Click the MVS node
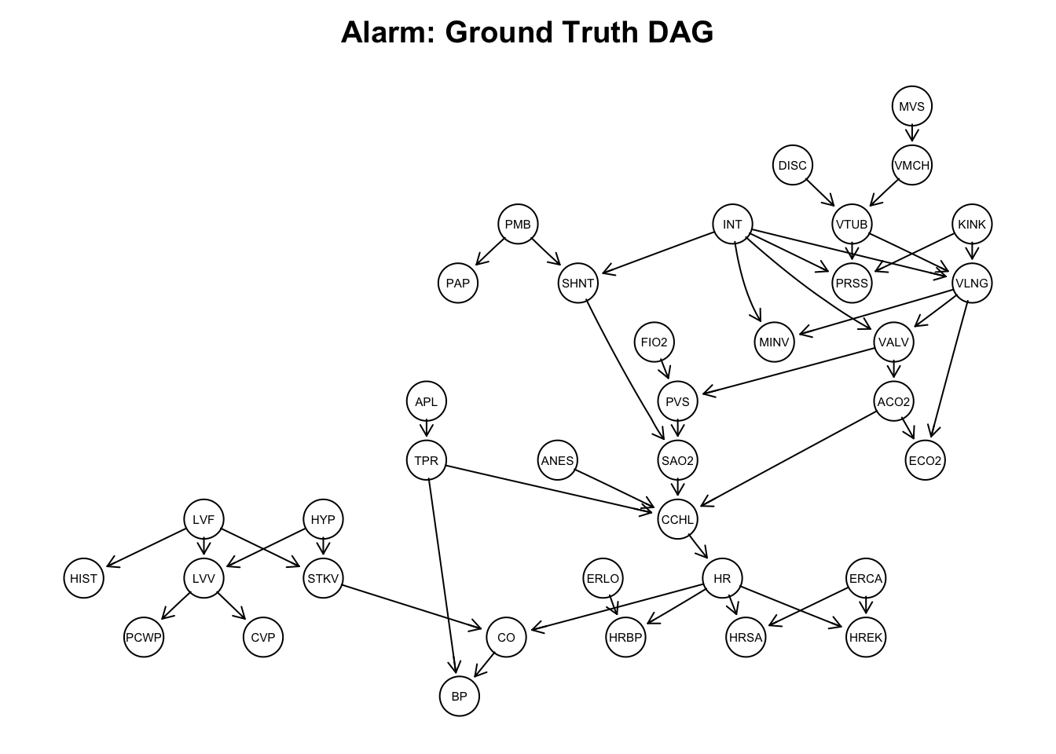point(911,107)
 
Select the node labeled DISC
point(792,166)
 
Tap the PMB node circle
point(518,225)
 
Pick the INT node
point(732,225)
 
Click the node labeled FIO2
point(654,342)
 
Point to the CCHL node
point(677,519)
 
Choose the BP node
point(459,697)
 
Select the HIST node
point(83,579)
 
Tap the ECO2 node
point(925,461)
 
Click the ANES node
point(557,461)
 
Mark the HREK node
point(866,638)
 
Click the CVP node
point(262,638)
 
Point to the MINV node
point(774,342)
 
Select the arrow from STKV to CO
point(412,607)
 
